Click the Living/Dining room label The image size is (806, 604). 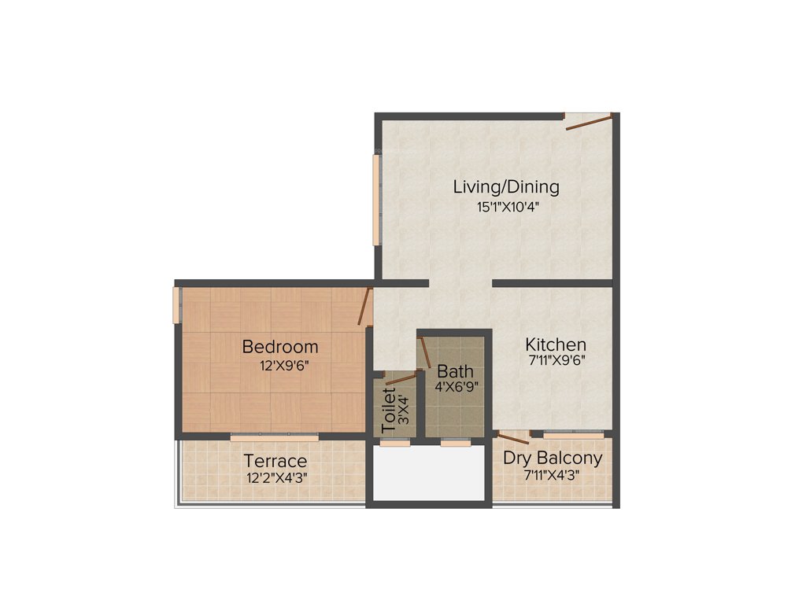pyautogui.click(x=506, y=187)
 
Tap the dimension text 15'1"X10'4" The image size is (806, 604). pyautogui.click(x=506, y=208)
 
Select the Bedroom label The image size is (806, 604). pyautogui.click(x=280, y=347)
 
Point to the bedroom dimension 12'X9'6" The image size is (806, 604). pyautogui.click(x=280, y=365)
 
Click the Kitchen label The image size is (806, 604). pyautogui.click(x=556, y=344)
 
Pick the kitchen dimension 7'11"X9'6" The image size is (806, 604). pyautogui.click(x=556, y=362)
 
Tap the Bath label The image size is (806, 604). pyautogui.click(x=456, y=370)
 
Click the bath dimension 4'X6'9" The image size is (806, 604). pyautogui.click(x=457, y=386)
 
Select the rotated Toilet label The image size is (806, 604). pyautogui.click(x=388, y=410)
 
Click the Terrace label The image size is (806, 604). pyautogui.click(x=275, y=461)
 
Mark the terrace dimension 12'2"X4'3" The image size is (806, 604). pyautogui.click(x=275, y=477)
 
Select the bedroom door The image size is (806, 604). pyautogui.click(x=364, y=306)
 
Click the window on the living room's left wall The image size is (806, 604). pyautogui.click(x=376, y=201)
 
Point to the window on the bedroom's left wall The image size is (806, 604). pyautogui.click(x=177, y=304)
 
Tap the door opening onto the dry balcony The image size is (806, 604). pyautogui.click(x=513, y=438)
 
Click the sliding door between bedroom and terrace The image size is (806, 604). pyautogui.click(x=274, y=437)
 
